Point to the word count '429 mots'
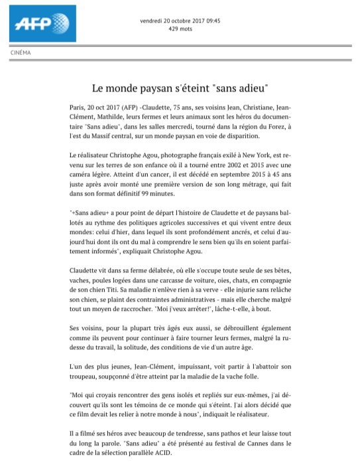point(180,29)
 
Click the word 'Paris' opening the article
point(79,107)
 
